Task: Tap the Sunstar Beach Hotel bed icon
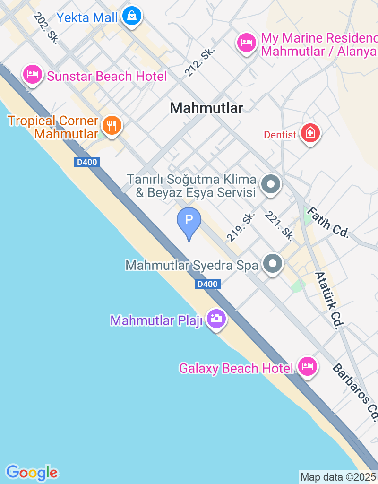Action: (33, 75)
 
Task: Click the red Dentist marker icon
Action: (310, 134)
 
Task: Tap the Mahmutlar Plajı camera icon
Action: (216, 319)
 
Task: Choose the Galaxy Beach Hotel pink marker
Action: (308, 367)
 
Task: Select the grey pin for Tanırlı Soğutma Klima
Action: (271, 184)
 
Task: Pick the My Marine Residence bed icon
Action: (246, 43)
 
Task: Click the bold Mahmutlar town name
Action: (206, 108)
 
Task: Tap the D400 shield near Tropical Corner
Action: (86, 163)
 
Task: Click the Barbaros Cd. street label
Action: (355, 392)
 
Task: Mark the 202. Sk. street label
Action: (46, 28)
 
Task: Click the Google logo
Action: (32, 472)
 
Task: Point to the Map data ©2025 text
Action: (338, 477)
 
